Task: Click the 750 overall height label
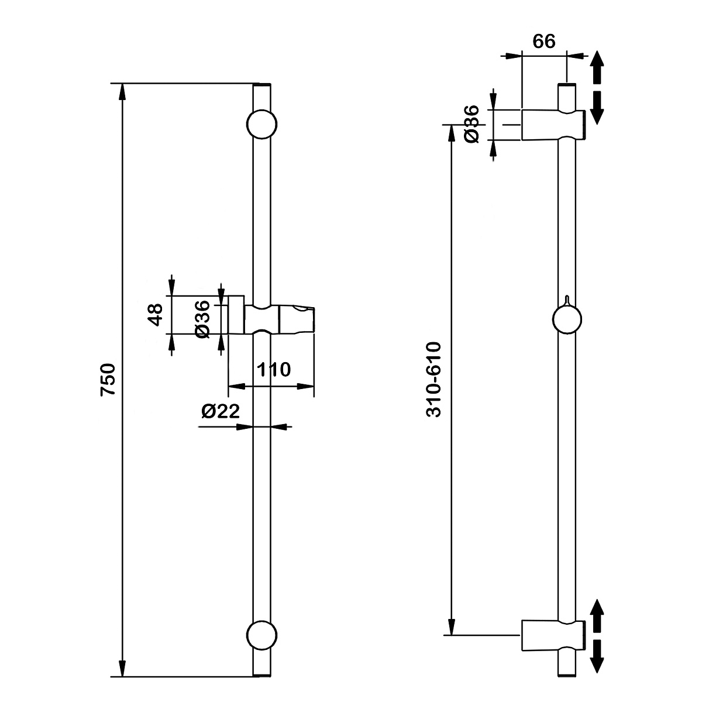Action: pos(109,380)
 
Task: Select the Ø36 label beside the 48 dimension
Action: pos(202,318)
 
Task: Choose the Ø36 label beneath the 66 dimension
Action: pos(472,123)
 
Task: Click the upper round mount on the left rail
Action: pos(261,124)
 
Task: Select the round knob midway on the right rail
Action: pos(567,320)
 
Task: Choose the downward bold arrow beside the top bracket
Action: pos(596,106)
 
